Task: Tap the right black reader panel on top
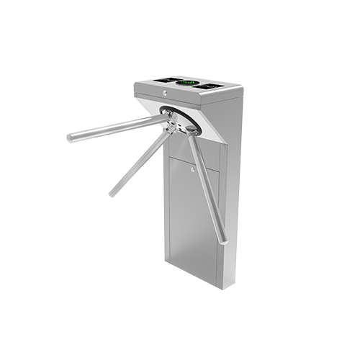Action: (x=208, y=86)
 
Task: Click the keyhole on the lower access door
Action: (x=192, y=170)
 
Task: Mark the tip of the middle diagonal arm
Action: (x=112, y=193)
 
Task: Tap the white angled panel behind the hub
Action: (x=209, y=126)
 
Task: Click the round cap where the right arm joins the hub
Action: (x=192, y=130)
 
